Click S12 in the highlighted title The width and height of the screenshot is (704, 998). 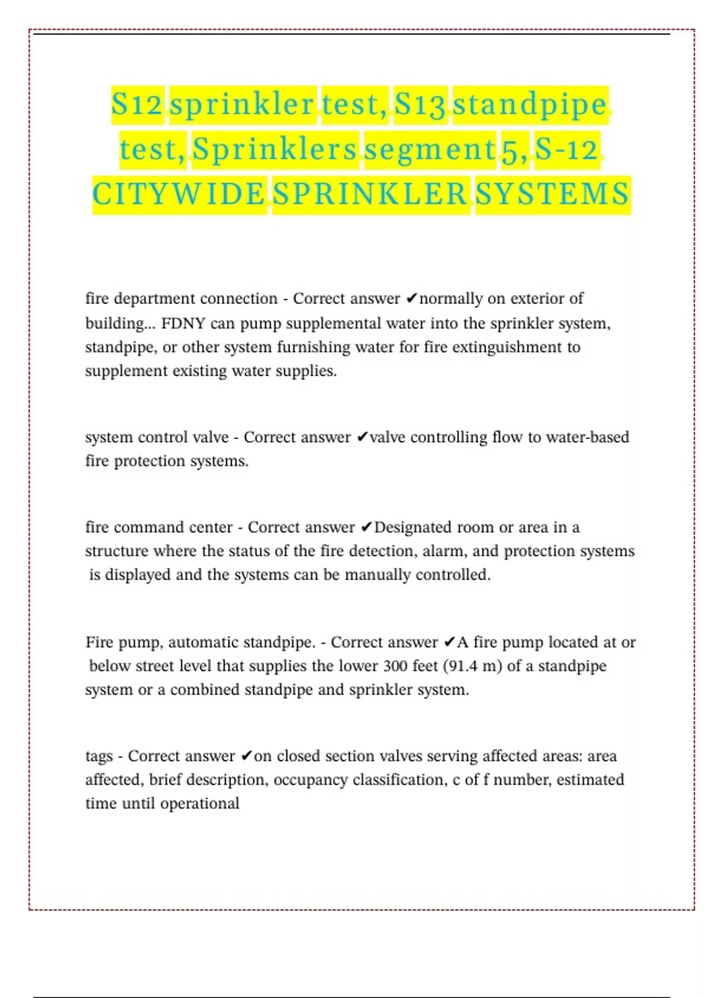(137, 105)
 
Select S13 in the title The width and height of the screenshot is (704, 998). (420, 105)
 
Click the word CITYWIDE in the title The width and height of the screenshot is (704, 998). (179, 195)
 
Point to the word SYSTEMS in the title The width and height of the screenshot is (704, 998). (552, 195)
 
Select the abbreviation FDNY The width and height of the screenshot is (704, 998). (183, 323)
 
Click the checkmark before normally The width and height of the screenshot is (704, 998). (411, 299)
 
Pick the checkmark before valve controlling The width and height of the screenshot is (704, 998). (362, 437)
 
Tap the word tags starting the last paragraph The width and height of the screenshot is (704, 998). (99, 756)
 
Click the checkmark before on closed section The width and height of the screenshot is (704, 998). (247, 756)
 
